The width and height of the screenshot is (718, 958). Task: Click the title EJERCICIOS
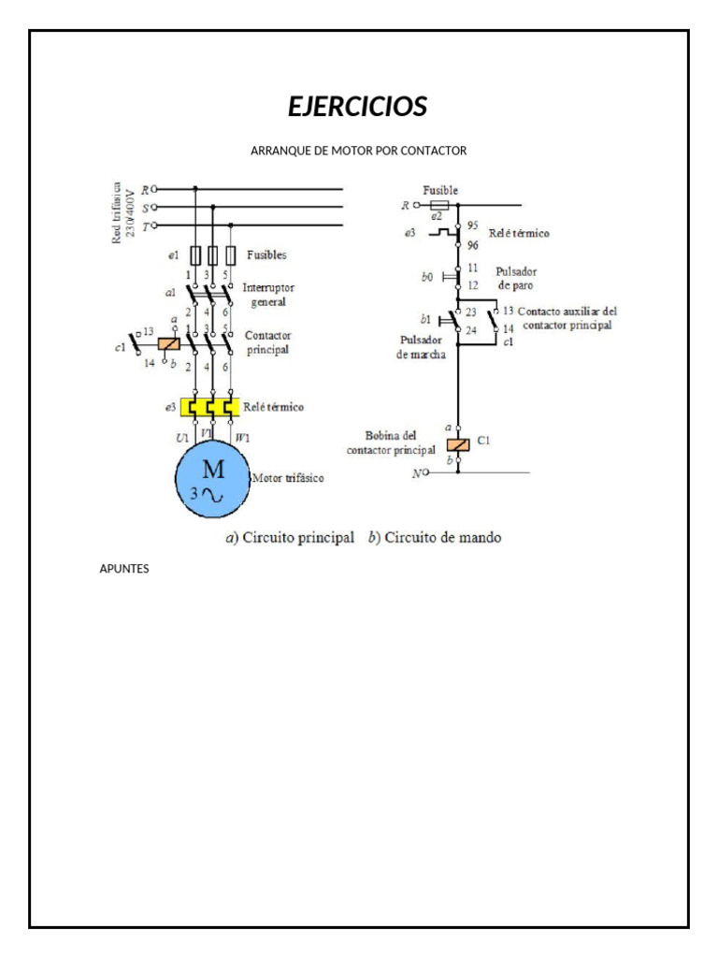click(358, 107)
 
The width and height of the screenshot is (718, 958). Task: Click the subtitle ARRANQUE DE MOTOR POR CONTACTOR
click(358, 151)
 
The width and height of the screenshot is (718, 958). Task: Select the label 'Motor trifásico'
click(288, 478)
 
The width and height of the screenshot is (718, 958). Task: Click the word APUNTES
click(123, 569)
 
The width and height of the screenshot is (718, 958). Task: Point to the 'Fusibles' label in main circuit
click(266, 254)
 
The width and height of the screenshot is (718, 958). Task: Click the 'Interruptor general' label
click(268, 295)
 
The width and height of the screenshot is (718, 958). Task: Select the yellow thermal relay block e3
click(212, 408)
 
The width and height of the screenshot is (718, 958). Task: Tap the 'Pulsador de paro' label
click(516, 277)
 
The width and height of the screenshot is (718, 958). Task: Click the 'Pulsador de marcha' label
click(422, 347)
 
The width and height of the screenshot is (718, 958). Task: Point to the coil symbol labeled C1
click(458, 445)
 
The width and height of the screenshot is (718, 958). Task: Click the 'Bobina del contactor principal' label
click(391, 443)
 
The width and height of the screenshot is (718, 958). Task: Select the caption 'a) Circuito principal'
click(290, 538)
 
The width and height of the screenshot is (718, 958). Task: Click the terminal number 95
click(472, 225)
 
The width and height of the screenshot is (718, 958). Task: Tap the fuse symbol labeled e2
click(438, 205)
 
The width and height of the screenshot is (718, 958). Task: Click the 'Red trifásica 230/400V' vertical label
click(123, 211)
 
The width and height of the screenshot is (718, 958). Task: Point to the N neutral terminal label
click(417, 473)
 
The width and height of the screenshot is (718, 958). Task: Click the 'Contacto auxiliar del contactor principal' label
click(567, 318)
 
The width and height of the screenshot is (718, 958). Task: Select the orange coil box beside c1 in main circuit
click(169, 344)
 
